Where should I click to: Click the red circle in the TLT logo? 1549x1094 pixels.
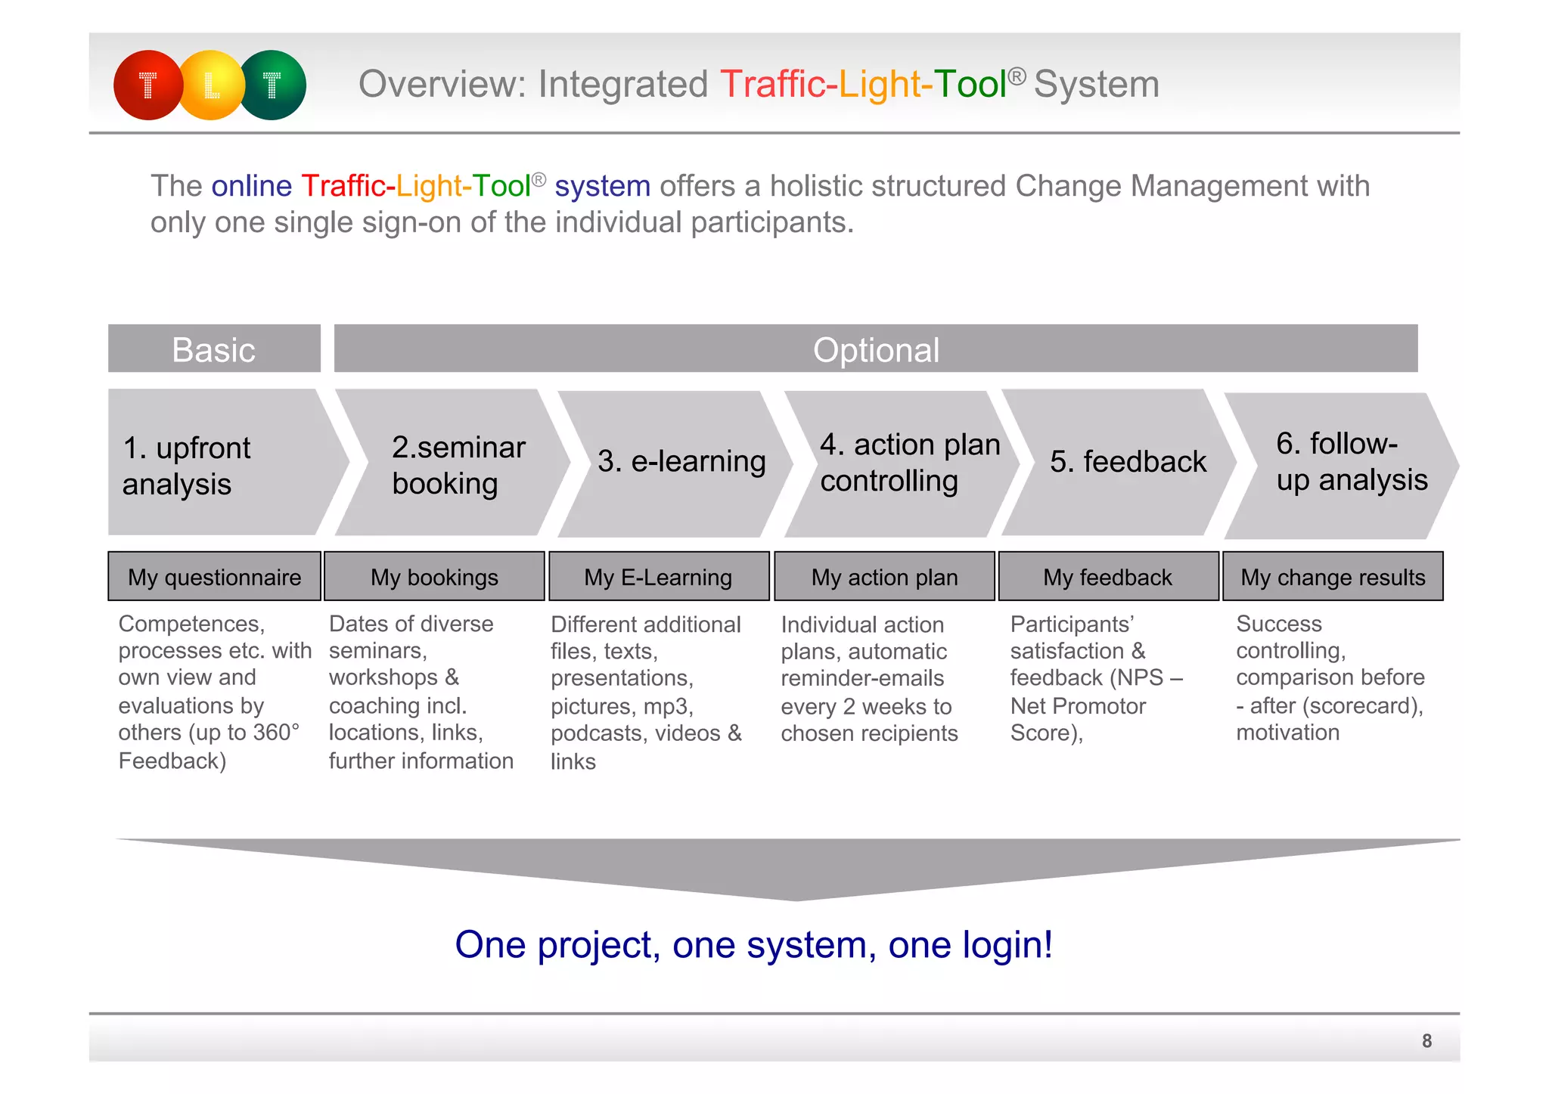(x=147, y=85)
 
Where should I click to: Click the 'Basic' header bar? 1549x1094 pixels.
(x=214, y=349)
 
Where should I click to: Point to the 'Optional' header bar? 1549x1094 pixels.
(x=876, y=349)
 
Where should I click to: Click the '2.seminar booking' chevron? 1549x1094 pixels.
(x=452, y=463)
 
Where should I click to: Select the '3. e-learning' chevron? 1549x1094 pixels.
(x=677, y=463)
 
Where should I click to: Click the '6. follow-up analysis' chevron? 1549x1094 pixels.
(x=1343, y=463)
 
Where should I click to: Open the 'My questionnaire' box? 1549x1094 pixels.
(x=215, y=577)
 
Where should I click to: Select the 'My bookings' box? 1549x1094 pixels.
(x=434, y=577)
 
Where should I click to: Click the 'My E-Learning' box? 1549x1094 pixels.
(x=659, y=577)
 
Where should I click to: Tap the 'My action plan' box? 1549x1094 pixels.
(x=884, y=577)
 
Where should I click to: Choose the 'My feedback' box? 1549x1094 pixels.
(x=1108, y=577)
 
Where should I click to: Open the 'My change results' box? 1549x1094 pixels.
(x=1333, y=577)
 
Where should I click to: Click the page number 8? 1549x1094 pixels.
(x=1426, y=1041)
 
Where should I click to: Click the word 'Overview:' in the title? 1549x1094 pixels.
(x=442, y=84)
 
